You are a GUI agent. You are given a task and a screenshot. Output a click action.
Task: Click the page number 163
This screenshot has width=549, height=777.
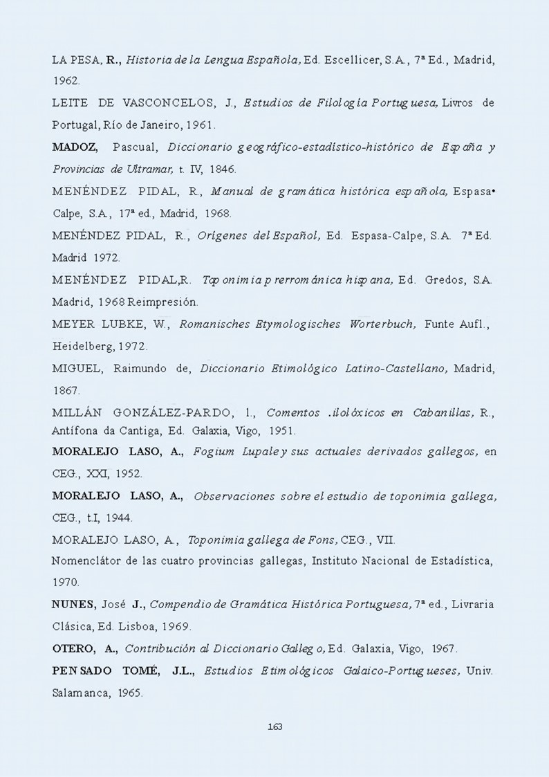pos(274,726)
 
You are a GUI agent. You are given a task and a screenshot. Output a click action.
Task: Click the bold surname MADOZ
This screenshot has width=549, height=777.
pos(75,147)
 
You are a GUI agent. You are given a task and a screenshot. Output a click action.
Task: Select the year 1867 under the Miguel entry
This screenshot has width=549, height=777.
pos(66,390)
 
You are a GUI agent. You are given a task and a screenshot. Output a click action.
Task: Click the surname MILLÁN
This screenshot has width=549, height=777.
pos(77,413)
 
